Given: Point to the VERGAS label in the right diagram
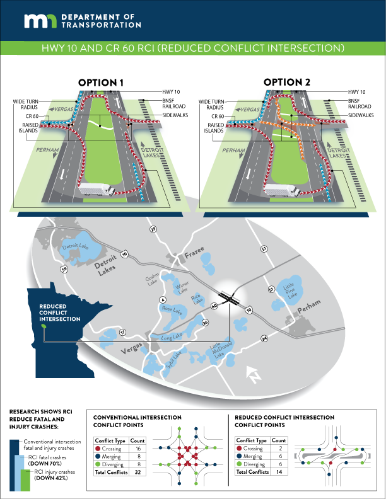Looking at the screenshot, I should (249, 110).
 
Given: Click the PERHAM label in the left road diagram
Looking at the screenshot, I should (48, 151).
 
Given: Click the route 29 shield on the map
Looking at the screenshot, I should (153, 230).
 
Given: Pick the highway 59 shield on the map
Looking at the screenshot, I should (64, 270).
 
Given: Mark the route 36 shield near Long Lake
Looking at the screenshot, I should (205, 323).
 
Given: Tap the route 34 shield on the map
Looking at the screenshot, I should (264, 339).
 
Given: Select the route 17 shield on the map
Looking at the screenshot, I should (122, 332).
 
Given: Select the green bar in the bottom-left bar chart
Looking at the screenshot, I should (26, 480).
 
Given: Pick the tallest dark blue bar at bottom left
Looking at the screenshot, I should (14, 464).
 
